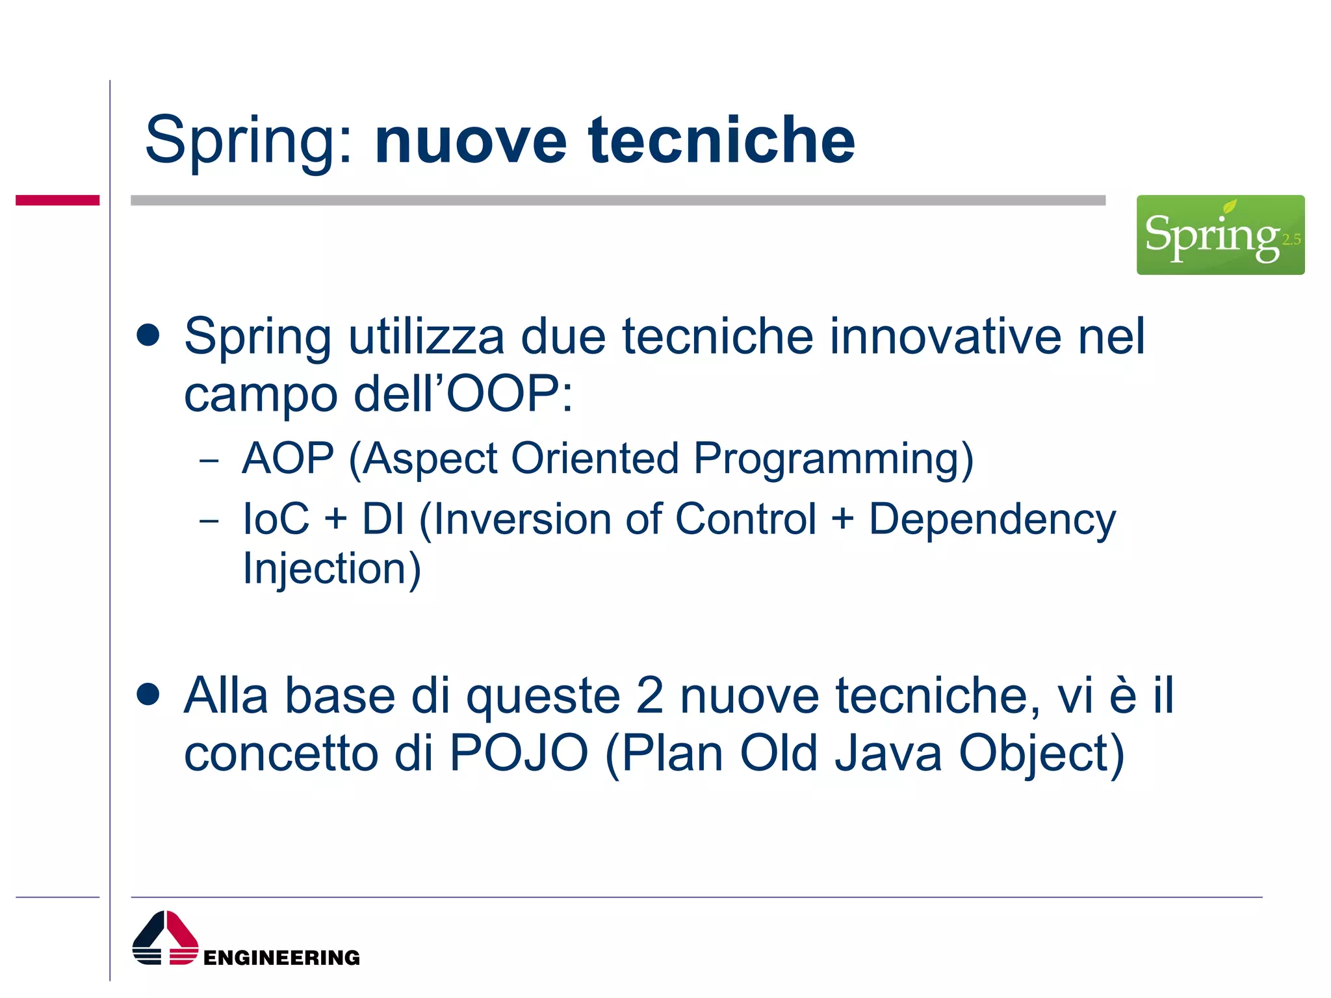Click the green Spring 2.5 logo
point(1220,235)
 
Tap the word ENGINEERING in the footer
point(281,958)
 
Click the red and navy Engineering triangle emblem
point(165,938)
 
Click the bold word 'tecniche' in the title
point(721,140)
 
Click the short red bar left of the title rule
point(57,200)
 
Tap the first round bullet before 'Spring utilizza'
point(149,335)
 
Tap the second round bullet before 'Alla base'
point(149,694)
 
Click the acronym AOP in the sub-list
point(288,458)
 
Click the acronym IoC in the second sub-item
point(276,519)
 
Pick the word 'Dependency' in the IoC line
point(992,520)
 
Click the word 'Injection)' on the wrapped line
point(331,569)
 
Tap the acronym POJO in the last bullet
point(519,753)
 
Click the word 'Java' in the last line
point(888,753)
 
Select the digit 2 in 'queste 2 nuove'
point(649,696)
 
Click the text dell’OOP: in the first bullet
point(463,394)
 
